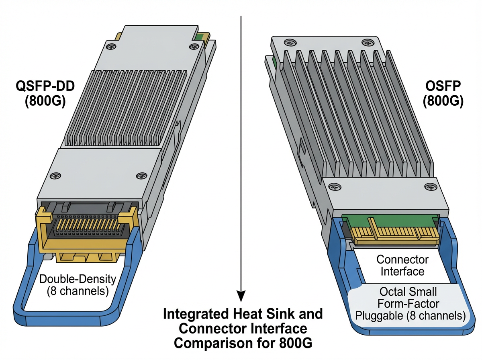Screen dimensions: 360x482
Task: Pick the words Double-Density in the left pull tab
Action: coord(78,279)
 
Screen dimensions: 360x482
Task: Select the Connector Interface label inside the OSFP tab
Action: coord(402,265)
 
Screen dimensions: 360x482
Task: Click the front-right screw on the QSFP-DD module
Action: coord(140,175)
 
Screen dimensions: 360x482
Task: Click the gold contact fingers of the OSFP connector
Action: coord(394,233)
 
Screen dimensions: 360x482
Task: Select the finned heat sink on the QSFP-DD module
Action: coord(125,106)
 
